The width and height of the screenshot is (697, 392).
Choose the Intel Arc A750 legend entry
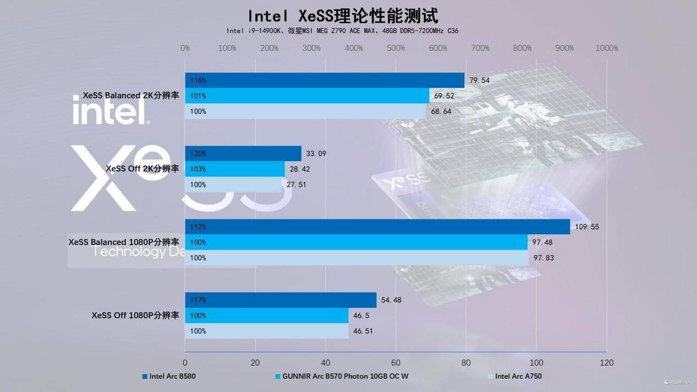(518, 377)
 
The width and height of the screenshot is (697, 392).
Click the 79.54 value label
(479, 80)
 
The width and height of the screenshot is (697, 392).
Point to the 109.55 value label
(587, 227)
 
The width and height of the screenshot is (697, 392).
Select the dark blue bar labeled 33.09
(243, 153)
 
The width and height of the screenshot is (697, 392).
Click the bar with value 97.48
(356, 242)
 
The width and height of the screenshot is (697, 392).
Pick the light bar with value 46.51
(267, 331)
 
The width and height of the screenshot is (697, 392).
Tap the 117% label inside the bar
(198, 300)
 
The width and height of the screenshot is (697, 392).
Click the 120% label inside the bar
(198, 154)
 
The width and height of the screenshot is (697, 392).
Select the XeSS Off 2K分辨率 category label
(142, 169)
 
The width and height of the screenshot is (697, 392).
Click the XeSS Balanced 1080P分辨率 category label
(124, 242)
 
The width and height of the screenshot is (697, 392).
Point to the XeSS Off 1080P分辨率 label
(135, 316)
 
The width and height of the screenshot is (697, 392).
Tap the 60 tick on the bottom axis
(396, 363)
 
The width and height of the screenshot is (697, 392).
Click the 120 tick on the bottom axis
(606, 363)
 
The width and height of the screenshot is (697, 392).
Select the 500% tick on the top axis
(396, 48)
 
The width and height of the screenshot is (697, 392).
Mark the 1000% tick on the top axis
(606, 48)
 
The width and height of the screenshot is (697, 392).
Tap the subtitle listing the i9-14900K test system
(342, 31)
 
